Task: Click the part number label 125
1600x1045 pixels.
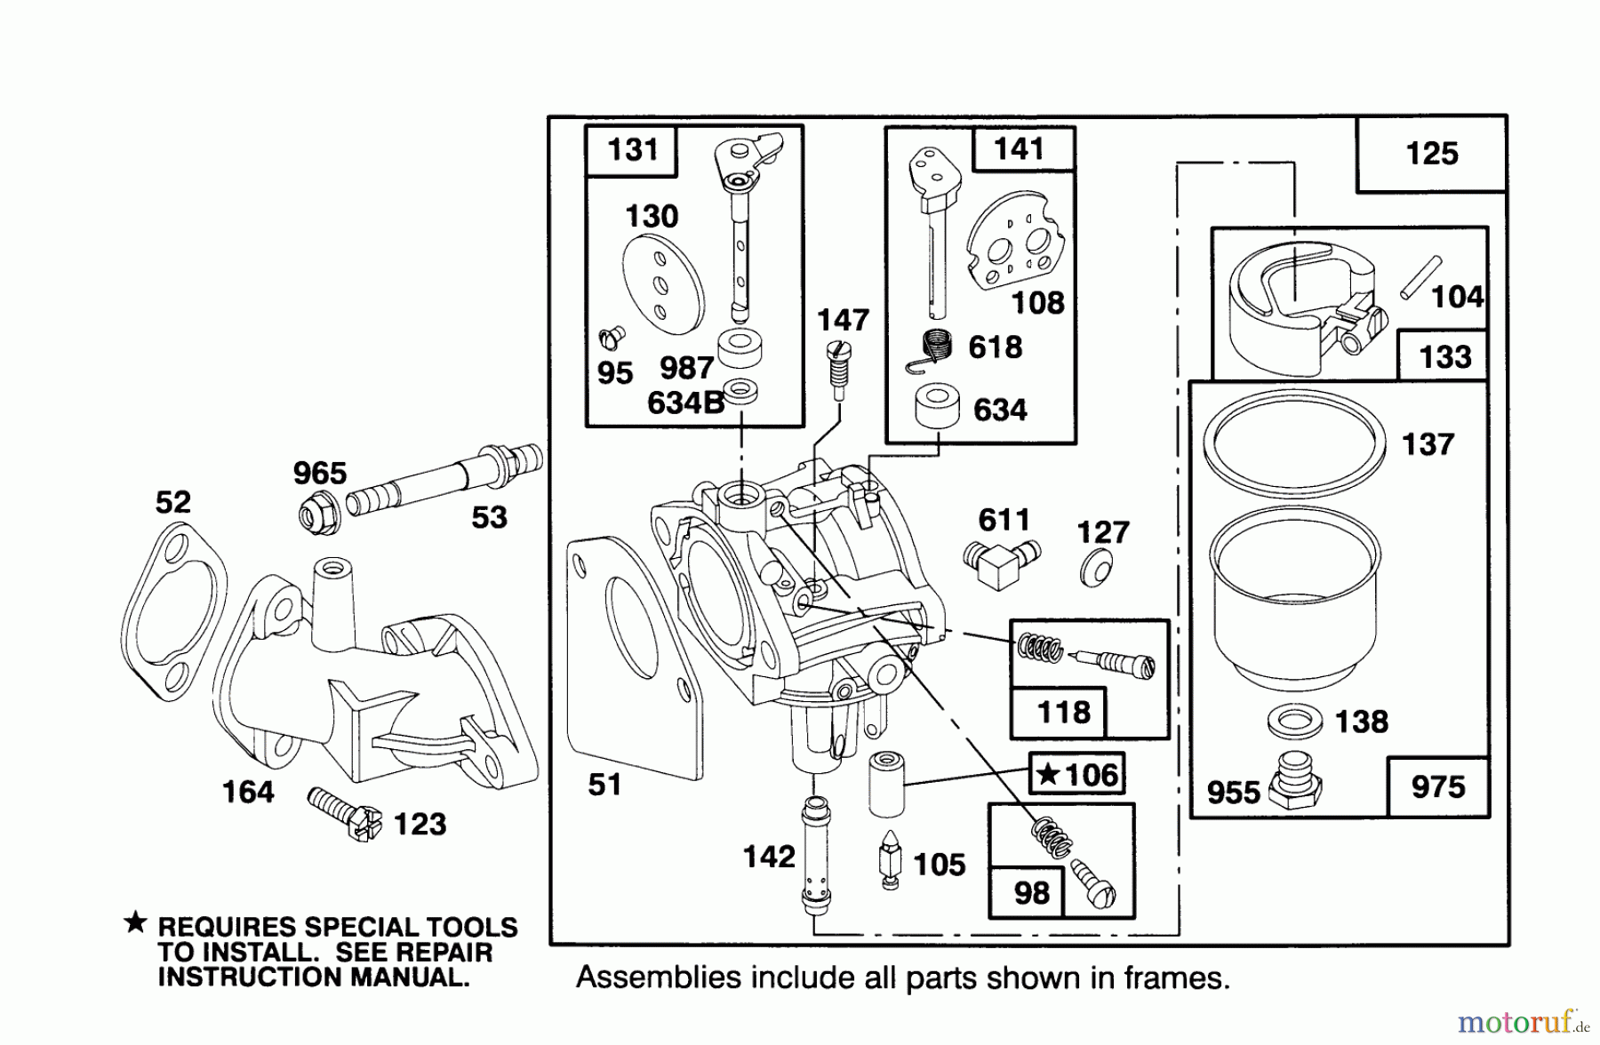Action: pos(1431,154)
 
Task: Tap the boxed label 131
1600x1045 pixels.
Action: pos(632,149)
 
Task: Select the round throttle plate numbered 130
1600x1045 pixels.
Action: pos(663,284)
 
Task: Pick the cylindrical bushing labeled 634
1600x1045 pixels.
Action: pos(937,408)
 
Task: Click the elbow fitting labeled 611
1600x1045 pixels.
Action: pos(997,562)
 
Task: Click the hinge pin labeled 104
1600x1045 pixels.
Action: pos(1420,277)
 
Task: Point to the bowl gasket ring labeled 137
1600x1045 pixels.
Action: pos(1293,441)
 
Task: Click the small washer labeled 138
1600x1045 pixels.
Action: pos(1294,720)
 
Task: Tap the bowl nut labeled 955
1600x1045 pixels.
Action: pos(1293,782)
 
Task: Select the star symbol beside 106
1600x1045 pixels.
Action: pos(1049,774)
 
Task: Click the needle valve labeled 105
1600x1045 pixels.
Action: pos(889,858)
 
